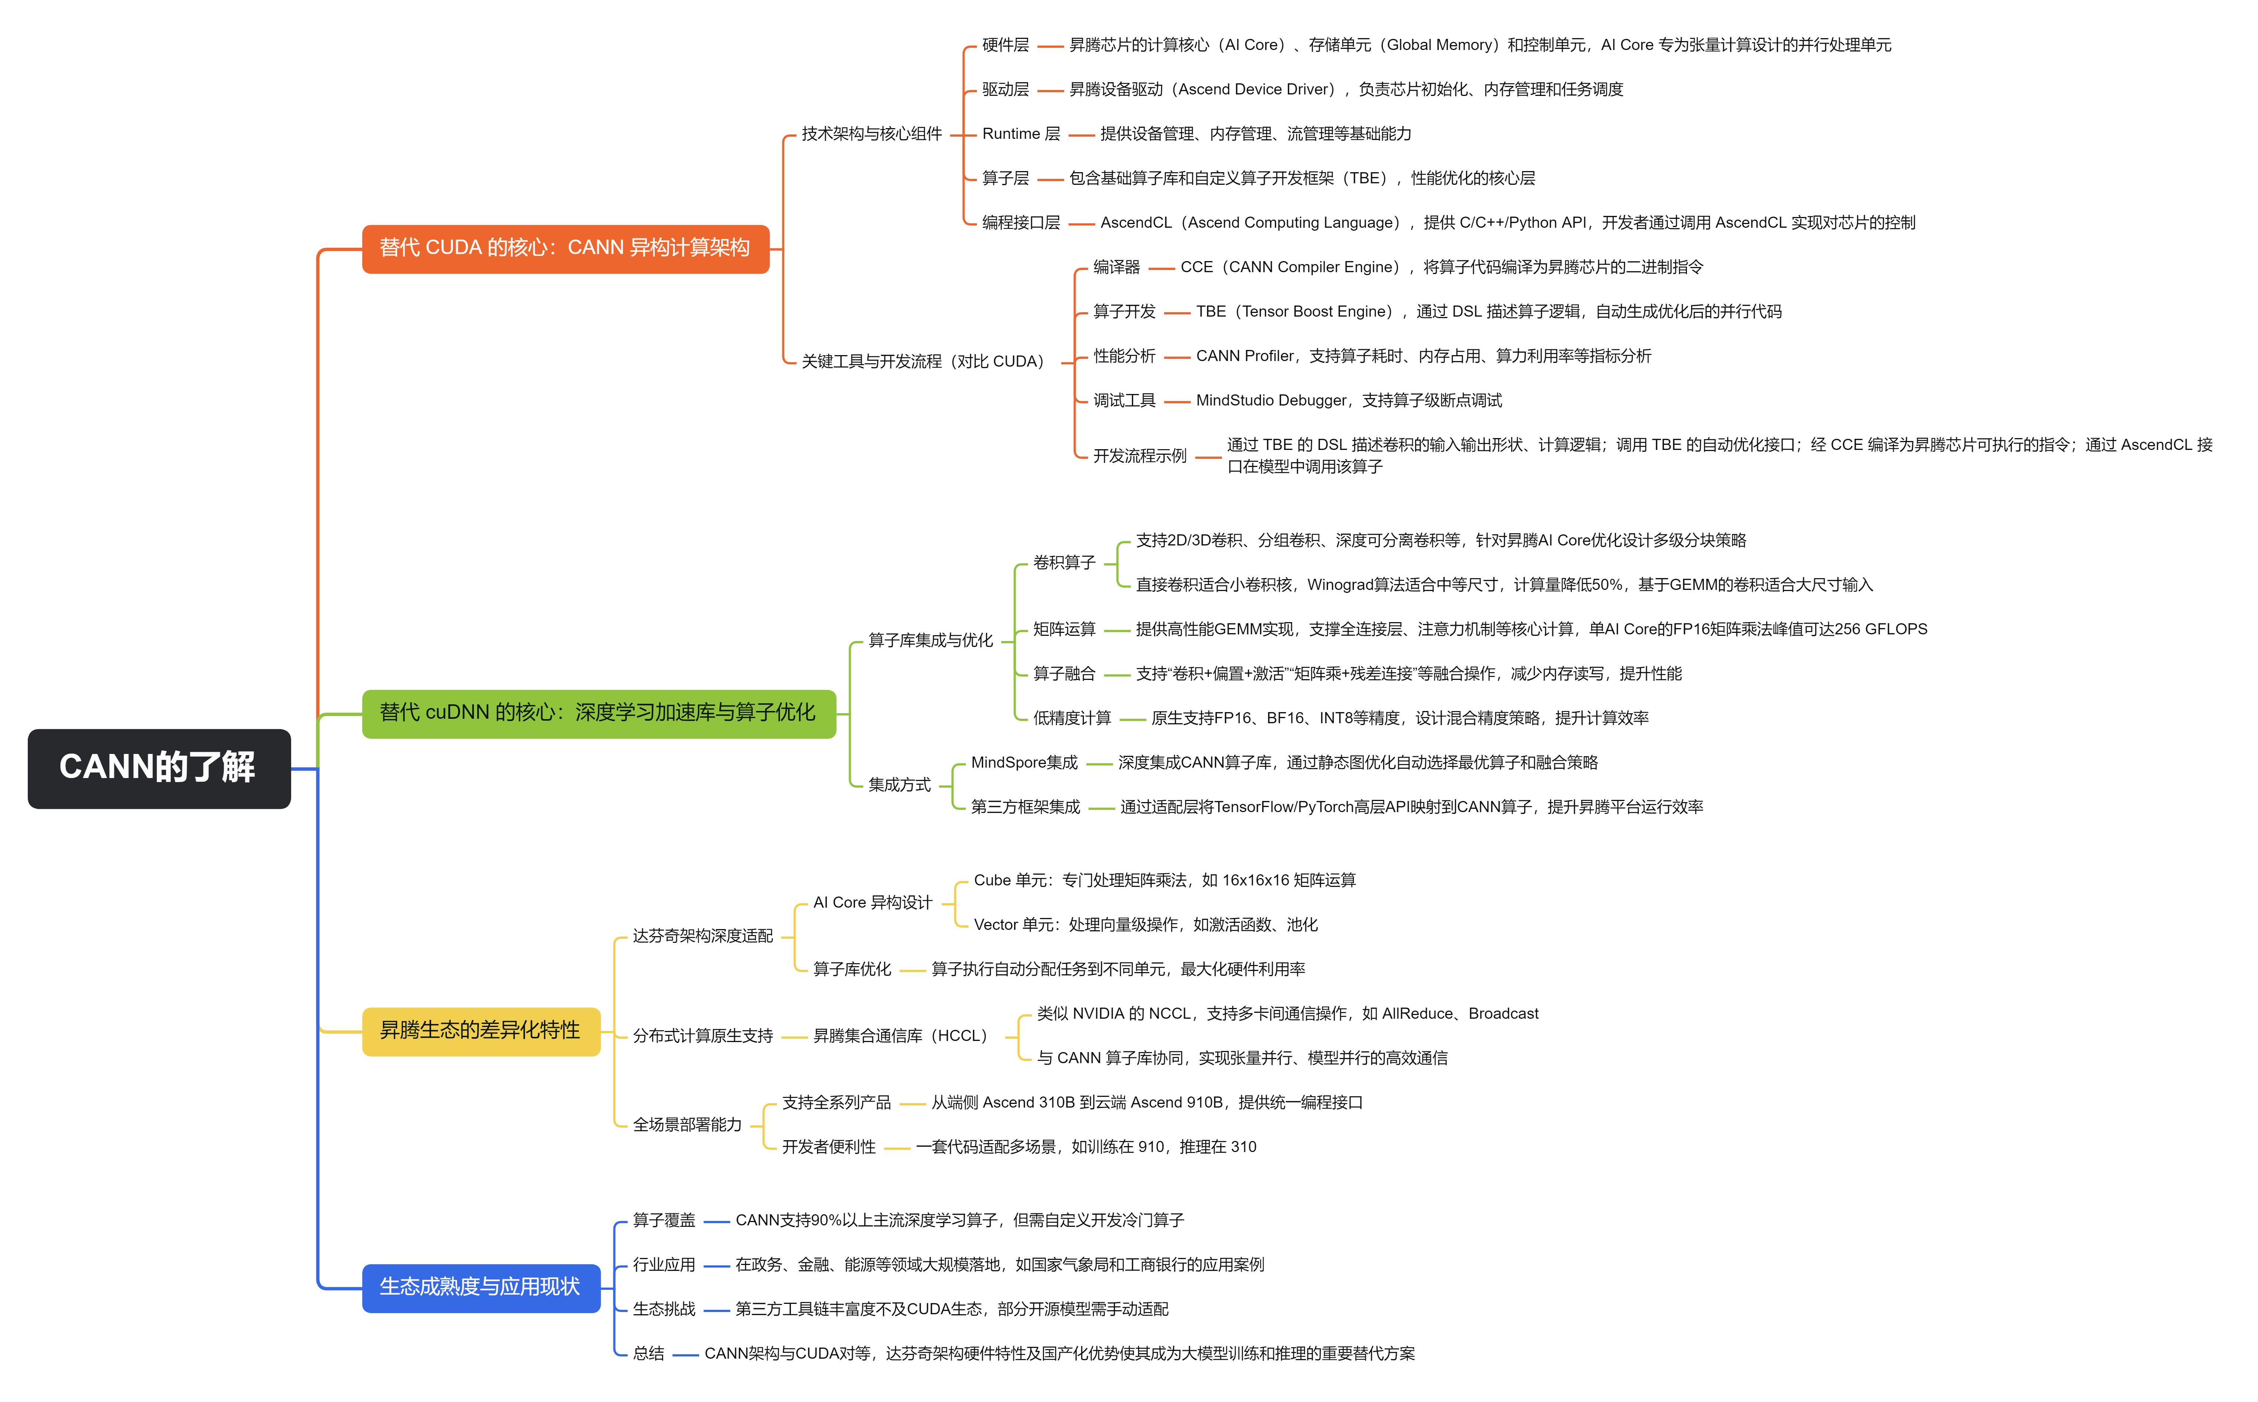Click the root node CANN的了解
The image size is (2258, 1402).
pyautogui.click(x=159, y=768)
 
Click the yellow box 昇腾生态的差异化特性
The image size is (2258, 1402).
pyautogui.click(x=480, y=1030)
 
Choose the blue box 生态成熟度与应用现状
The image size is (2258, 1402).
pyautogui.click(x=480, y=1287)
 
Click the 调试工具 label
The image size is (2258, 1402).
pyautogui.click(x=1124, y=401)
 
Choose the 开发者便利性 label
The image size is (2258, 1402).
pyautogui.click(x=828, y=1147)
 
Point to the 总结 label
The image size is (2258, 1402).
pyautogui.click(x=648, y=1354)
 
